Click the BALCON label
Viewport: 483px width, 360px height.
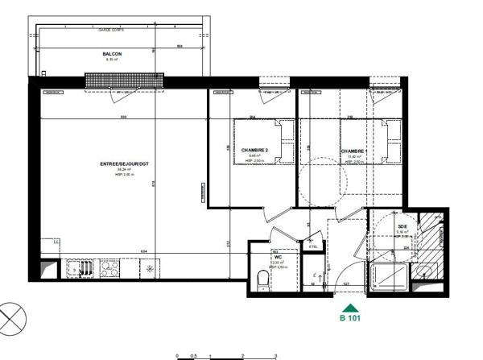pos(111,54)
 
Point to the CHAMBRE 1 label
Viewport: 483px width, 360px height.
pos(355,151)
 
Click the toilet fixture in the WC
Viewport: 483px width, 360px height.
pos(262,280)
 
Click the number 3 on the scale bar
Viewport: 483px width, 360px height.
pos(275,355)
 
